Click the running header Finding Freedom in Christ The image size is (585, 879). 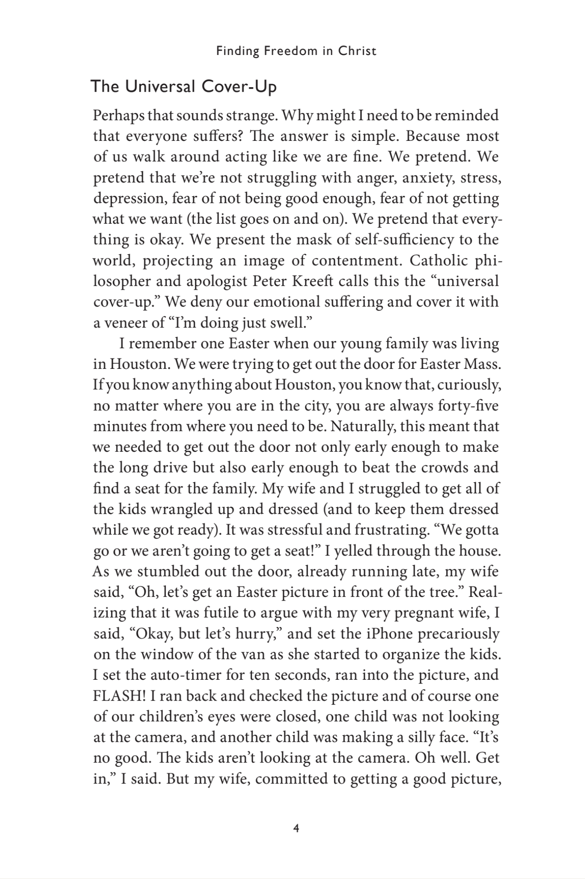(296, 51)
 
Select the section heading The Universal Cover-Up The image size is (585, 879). (184, 87)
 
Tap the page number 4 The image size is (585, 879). (296, 828)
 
